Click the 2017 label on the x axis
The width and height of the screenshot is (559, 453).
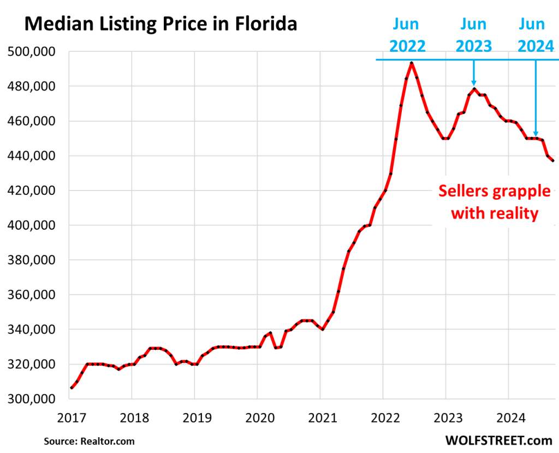(x=69, y=418)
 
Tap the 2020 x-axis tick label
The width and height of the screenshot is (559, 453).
(x=257, y=418)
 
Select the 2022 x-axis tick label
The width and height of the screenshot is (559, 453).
(x=383, y=418)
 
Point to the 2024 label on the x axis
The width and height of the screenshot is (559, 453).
(x=508, y=418)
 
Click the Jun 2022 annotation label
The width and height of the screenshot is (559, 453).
(x=407, y=35)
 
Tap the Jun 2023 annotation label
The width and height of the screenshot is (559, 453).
(x=473, y=35)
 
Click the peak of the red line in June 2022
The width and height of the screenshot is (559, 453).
(x=412, y=63)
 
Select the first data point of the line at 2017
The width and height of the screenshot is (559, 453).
(x=72, y=388)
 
